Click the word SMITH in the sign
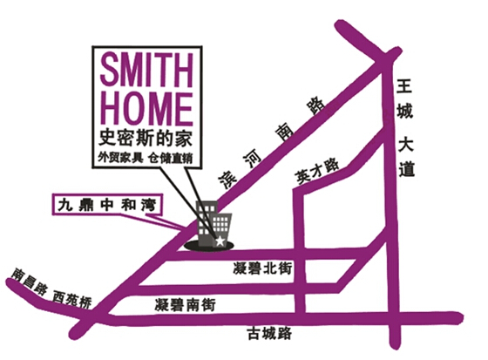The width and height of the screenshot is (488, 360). (x=147, y=71)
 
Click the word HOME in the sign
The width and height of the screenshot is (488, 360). (x=147, y=109)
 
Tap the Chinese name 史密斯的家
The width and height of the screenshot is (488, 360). (x=146, y=138)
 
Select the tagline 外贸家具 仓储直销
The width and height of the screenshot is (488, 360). (x=146, y=158)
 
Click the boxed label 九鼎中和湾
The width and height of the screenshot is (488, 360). (x=106, y=205)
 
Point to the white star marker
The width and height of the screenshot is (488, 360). (x=220, y=241)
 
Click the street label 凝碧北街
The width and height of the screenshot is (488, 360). (x=262, y=268)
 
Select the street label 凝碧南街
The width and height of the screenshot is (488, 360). (x=185, y=304)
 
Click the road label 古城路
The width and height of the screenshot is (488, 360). (x=269, y=334)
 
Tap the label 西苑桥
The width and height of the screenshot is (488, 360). (x=72, y=300)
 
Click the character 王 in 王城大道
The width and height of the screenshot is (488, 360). (x=404, y=86)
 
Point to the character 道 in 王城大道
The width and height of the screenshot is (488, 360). (x=407, y=170)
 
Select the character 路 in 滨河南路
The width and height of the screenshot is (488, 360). (x=315, y=106)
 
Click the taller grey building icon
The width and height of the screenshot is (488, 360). (x=206, y=221)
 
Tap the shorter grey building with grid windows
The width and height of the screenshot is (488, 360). (x=222, y=229)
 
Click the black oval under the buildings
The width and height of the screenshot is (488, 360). (x=208, y=246)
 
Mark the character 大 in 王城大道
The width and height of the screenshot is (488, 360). (x=405, y=144)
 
